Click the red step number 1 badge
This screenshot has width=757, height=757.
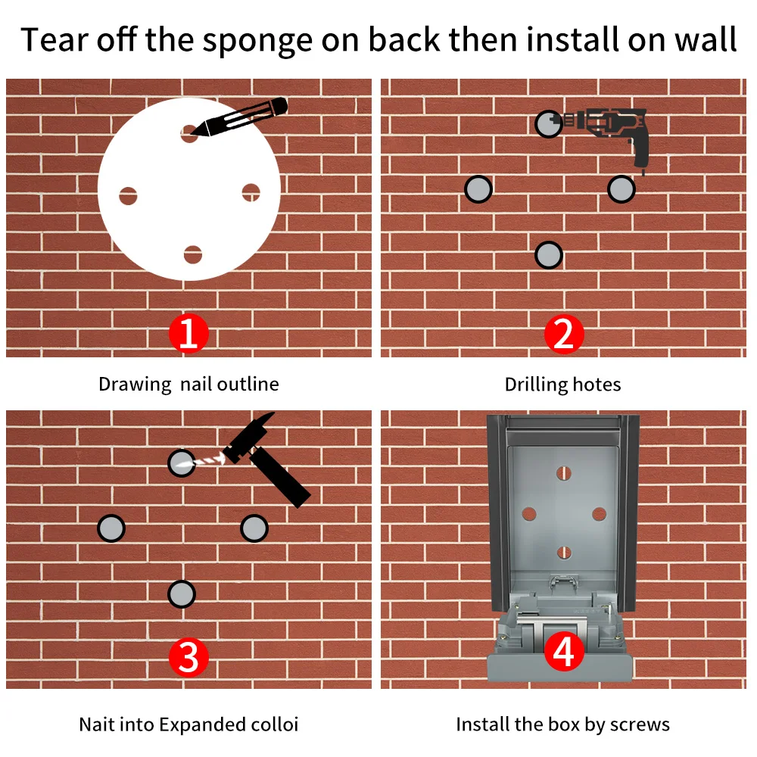[x=188, y=333]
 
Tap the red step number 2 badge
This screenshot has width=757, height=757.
[x=563, y=334]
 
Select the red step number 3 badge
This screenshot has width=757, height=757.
[x=188, y=657]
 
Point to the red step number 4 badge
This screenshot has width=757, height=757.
[x=563, y=652]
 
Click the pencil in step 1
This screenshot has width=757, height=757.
[x=239, y=117]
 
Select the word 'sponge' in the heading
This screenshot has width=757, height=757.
[x=257, y=41]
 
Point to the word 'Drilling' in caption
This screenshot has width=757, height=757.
[x=536, y=385]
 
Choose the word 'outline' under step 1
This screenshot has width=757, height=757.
[x=248, y=385]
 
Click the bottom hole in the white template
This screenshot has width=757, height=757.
[x=192, y=254]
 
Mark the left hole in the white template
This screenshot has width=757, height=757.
[x=128, y=195]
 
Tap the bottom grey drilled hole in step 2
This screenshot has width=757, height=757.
[x=548, y=255]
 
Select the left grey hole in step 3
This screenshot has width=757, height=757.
[x=111, y=528]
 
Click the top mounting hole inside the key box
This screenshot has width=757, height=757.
[x=563, y=473]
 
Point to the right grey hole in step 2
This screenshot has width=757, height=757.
[x=621, y=188]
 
